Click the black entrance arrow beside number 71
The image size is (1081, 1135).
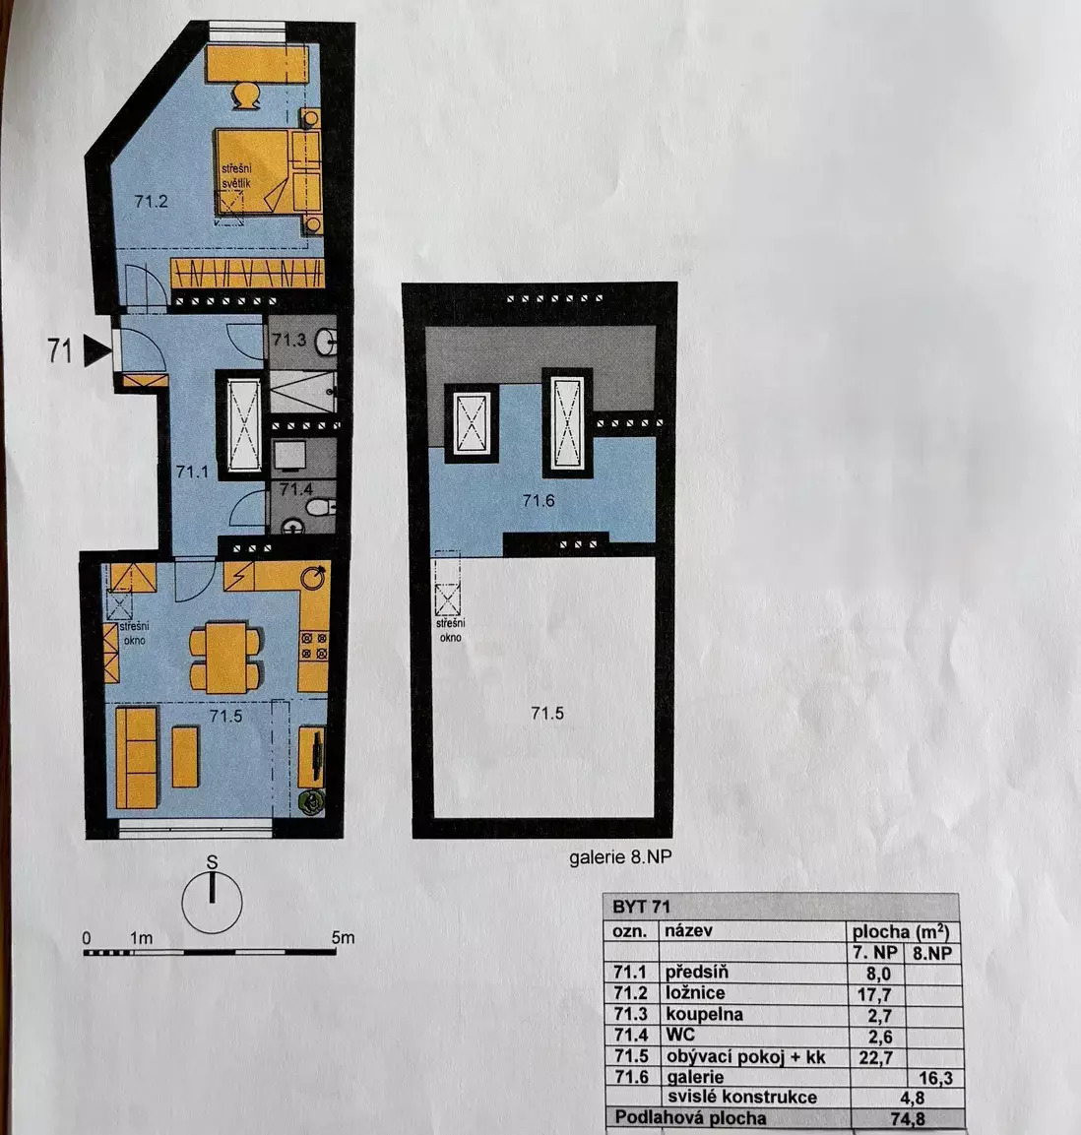click(x=97, y=350)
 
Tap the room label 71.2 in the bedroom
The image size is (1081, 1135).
click(x=151, y=201)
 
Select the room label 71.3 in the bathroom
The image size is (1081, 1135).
click(x=288, y=339)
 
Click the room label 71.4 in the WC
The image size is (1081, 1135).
click(x=296, y=488)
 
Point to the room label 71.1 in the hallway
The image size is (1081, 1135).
click(x=192, y=472)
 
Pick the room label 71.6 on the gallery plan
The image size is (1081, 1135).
click(x=538, y=500)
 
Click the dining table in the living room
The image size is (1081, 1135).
click(x=225, y=657)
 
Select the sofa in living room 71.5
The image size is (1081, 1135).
click(x=137, y=757)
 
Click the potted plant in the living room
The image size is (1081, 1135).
click(x=313, y=802)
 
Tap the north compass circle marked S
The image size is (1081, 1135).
click(x=212, y=903)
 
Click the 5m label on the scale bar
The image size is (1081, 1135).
click(x=343, y=937)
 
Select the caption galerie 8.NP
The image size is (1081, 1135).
click(x=620, y=857)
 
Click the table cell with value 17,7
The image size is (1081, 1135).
click(x=874, y=994)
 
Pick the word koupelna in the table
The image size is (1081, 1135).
click(x=704, y=1014)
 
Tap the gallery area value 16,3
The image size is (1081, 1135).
click(x=935, y=1079)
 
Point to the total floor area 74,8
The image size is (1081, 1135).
click(x=907, y=1119)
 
